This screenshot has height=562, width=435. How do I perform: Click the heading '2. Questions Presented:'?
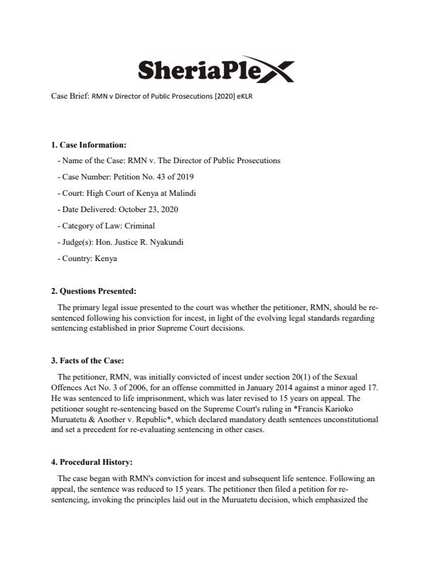pos(93,291)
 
